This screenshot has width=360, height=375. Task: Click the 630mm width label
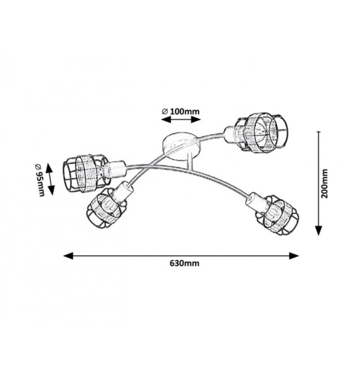184,263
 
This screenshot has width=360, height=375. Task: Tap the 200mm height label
325,183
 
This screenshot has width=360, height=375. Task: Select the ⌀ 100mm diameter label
181,112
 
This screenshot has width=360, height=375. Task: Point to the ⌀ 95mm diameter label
40,180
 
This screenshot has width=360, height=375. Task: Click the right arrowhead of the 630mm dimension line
294,255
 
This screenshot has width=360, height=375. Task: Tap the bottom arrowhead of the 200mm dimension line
318,231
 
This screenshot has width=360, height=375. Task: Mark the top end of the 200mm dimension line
318,132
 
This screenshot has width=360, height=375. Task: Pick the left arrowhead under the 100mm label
166,119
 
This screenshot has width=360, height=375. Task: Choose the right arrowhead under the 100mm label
196,119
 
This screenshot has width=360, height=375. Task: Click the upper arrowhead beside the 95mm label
49,168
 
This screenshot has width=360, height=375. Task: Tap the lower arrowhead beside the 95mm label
51,191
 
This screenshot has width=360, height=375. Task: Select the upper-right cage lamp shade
261,132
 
